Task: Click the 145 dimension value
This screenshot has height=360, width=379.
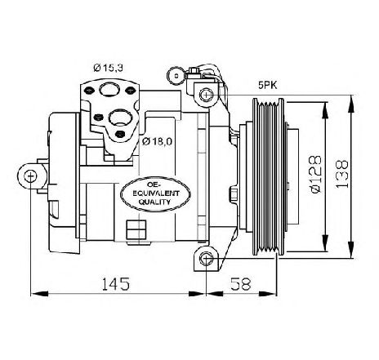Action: pyautogui.click(x=115, y=284)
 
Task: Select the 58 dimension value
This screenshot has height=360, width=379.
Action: pyautogui.click(x=240, y=284)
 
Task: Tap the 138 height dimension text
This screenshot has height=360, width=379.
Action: pyautogui.click(x=342, y=174)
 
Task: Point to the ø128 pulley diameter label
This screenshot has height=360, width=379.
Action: pyautogui.click(x=316, y=175)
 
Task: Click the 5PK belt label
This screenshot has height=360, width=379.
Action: pyautogui.click(x=268, y=86)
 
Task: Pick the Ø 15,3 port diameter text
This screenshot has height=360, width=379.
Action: pyautogui.click(x=108, y=68)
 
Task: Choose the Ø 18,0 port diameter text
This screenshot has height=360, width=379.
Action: pyautogui.click(x=158, y=141)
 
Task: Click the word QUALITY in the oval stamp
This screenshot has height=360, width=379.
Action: pyautogui.click(x=155, y=202)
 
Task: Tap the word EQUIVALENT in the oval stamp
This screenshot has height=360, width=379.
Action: pyautogui.click(x=156, y=193)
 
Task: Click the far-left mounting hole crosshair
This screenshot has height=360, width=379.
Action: pyautogui.click(x=30, y=176)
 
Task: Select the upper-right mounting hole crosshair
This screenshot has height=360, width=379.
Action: pyautogui.click(x=206, y=95)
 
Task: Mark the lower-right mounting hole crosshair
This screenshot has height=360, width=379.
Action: pyautogui.click(x=206, y=258)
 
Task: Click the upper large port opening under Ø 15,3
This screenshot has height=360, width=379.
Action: pyautogui.click(x=109, y=89)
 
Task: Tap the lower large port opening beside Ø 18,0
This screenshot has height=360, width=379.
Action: pyautogui.click(x=120, y=118)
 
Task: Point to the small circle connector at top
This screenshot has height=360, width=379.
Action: pyautogui.click(x=176, y=76)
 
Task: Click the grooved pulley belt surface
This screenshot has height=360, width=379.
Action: pyautogui.click(x=269, y=176)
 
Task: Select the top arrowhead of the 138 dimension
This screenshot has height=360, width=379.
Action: pyautogui.click(x=351, y=104)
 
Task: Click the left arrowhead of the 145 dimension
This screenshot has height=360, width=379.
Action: pyautogui.click(x=39, y=294)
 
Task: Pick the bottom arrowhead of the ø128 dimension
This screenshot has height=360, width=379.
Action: pyautogui.click(x=325, y=242)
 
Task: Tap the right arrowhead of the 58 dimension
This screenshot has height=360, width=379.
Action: pyautogui.click(x=267, y=294)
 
